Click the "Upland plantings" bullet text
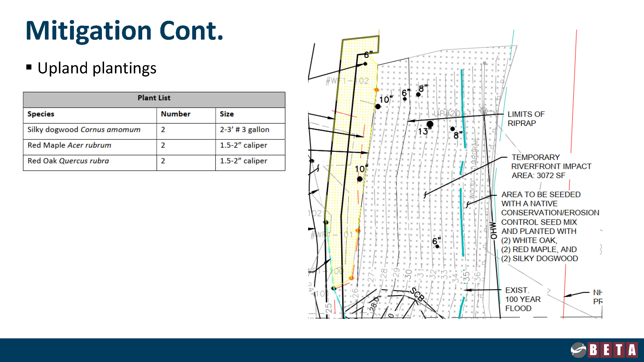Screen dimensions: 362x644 click(x=97, y=68)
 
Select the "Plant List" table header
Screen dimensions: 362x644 click(x=154, y=98)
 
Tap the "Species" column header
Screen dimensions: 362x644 click(x=41, y=114)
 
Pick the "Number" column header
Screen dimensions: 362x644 click(x=176, y=114)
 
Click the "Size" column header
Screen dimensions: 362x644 click(x=226, y=114)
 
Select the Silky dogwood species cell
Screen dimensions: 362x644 click(x=84, y=130)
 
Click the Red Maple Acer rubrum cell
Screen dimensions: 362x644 click(x=69, y=145)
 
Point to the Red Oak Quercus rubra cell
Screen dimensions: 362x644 click(x=68, y=161)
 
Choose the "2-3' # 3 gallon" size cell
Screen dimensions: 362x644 click(x=244, y=130)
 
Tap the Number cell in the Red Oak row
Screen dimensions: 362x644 click(x=163, y=161)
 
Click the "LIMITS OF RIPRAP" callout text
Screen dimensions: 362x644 click(x=526, y=119)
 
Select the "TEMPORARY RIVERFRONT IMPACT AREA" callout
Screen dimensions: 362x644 click(x=551, y=166)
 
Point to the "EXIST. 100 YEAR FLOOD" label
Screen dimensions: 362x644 click(x=523, y=299)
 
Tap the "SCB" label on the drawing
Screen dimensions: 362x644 click(x=417, y=294)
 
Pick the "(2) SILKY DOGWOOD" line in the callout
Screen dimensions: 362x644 click(x=539, y=258)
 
